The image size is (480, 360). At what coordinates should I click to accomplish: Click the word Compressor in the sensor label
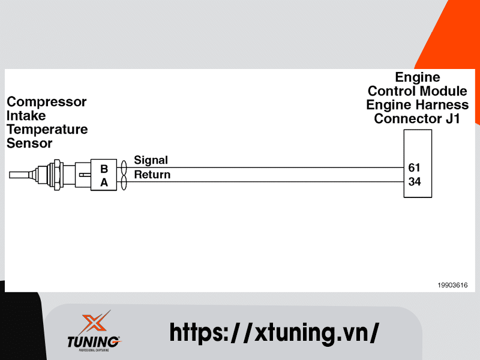(x=46, y=102)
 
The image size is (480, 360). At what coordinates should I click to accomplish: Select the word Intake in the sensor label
(x=26, y=115)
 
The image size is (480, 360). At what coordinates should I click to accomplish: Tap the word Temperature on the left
(x=47, y=129)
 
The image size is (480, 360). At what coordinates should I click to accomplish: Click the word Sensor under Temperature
(x=29, y=143)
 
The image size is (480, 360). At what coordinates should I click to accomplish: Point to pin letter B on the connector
(x=104, y=170)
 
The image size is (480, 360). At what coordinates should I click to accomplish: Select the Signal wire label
(x=151, y=160)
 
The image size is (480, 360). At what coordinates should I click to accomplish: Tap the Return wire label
(x=152, y=175)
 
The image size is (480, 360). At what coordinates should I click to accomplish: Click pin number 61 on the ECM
(x=415, y=167)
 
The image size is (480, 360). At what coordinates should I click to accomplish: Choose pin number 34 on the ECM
(x=415, y=181)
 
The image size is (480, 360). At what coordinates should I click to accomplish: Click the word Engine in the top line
(x=417, y=77)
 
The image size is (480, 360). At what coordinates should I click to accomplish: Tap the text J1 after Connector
(x=452, y=119)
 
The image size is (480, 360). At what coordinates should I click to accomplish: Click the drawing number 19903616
(x=452, y=285)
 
